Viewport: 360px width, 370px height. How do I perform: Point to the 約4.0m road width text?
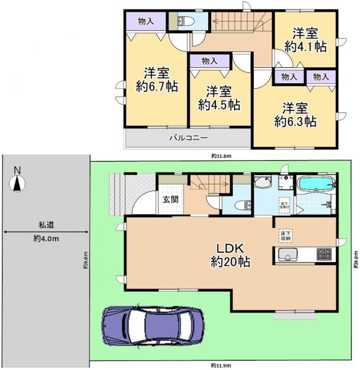click(45, 239)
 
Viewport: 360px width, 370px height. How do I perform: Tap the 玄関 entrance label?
click(170, 199)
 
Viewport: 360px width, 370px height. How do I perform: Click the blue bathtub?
click(316, 184)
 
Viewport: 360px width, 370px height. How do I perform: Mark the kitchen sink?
click(288, 253)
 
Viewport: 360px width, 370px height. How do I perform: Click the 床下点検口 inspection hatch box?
click(284, 204)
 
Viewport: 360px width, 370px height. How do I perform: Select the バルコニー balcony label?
click(189, 138)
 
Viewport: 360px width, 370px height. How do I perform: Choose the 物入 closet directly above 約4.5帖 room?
click(209, 61)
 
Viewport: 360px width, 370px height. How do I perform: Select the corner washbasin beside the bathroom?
click(262, 183)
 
